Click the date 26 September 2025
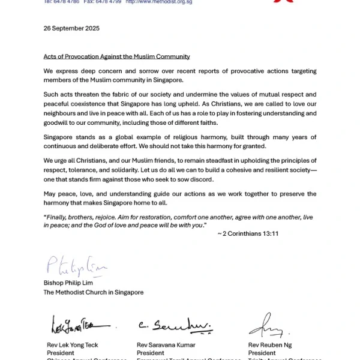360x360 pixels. (71, 28)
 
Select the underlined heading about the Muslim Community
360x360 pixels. (117, 57)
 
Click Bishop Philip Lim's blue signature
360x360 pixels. (66, 266)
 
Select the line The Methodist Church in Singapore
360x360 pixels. (93, 292)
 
